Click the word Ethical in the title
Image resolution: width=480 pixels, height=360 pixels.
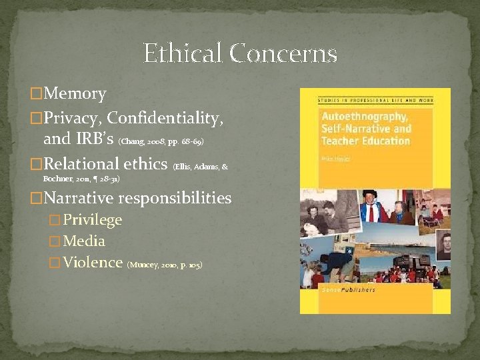click(183, 53)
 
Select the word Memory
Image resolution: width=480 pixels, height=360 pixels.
click(75, 94)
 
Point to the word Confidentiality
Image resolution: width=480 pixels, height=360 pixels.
click(165, 118)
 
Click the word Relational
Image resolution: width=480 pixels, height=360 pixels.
click(85, 164)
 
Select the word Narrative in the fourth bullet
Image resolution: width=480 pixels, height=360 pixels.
click(80, 198)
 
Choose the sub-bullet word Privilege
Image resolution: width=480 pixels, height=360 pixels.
click(93, 220)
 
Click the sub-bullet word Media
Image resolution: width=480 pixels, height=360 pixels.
click(84, 241)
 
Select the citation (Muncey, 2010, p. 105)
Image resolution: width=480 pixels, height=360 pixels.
click(164, 265)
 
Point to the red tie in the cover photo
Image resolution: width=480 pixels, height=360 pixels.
click(371, 212)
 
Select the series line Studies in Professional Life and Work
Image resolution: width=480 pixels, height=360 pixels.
click(374, 101)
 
